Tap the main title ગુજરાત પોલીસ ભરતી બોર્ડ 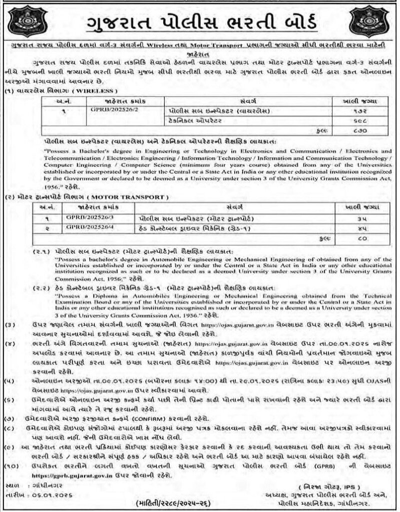200,22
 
